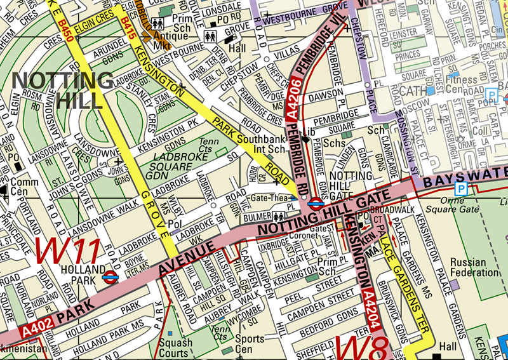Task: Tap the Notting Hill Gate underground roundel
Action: pyautogui.click(x=315, y=203)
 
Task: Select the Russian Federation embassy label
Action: pyautogui.click(x=474, y=267)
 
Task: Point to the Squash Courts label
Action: pyautogui.click(x=176, y=347)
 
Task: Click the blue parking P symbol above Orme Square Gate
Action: pyautogui.click(x=461, y=189)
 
